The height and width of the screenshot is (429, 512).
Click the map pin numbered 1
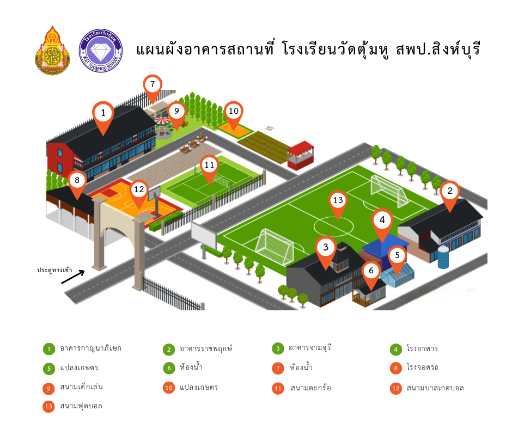[103, 114]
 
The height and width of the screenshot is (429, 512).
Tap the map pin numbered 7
[153, 85]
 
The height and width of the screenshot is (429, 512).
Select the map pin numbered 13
[338, 201]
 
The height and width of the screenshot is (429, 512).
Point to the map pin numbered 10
[233, 112]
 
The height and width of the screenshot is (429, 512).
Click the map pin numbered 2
[450, 191]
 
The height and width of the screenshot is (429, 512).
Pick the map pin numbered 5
[398, 255]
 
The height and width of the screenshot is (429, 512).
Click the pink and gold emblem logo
[52, 51]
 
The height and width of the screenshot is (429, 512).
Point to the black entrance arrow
[73, 277]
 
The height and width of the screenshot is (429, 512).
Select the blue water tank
[444, 257]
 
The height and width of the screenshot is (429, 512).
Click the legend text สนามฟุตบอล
[81, 406]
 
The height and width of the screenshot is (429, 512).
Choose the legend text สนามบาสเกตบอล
[435, 388]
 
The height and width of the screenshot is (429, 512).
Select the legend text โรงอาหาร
[422, 348]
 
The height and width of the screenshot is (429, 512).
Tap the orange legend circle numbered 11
[278, 388]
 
